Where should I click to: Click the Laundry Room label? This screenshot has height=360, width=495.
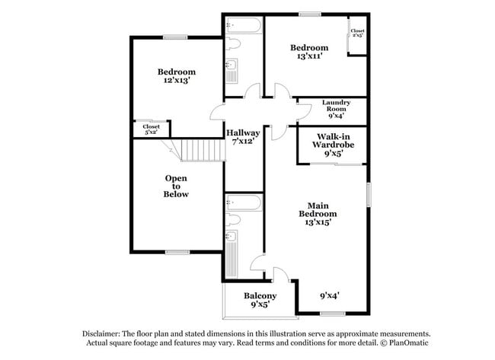pos(336,109)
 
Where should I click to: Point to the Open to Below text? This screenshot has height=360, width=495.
pos(176,186)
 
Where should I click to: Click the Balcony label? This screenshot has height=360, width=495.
pos(260,295)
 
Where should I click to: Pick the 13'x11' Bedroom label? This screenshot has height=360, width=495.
pos(309,52)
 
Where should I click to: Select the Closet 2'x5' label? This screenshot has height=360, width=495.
pos(356,33)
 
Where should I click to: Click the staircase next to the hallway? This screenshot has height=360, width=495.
pos(203,150)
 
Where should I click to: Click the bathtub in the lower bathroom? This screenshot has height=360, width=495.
pos(244,203)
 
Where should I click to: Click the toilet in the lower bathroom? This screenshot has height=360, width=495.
pos(233,220)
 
